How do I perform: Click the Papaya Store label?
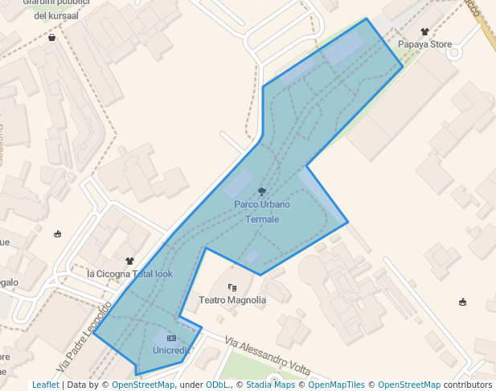pos(424,44)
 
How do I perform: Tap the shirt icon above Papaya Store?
pos(424,31)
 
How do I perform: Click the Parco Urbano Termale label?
pos(262,212)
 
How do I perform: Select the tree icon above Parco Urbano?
pos(262,191)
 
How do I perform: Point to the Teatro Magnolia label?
pos(232,300)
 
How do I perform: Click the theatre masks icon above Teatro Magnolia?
pos(232,286)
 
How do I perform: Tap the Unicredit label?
pos(171,350)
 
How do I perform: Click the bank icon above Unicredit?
pos(171,338)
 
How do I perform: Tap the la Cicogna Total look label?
pos(129,274)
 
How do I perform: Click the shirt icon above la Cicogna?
pos(130,261)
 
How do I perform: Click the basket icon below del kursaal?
pos(52,37)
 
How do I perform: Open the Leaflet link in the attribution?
pos(45,385)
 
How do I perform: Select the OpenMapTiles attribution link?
pos(337,385)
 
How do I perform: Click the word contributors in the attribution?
pos(468,385)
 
